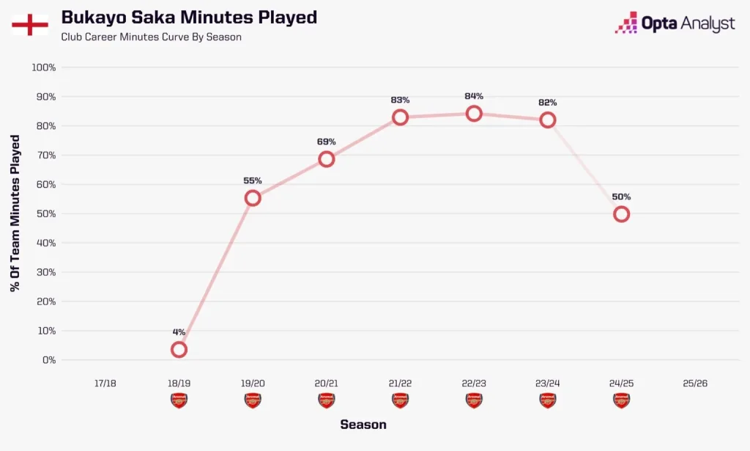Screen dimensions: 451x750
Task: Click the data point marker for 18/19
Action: pyautogui.click(x=179, y=350)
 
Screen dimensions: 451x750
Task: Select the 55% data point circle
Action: pyautogui.click(x=253, y=198)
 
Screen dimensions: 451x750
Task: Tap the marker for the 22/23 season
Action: pyautogui.click(x=474, y=114)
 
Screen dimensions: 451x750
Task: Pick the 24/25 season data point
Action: pyautogui.click(x=621, y=214)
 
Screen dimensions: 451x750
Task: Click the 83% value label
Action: pyautogui.click(x=400, y=100)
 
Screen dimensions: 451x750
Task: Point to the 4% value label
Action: pyautogui.click(x=179, y=332)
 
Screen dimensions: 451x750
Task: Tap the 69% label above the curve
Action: pyautogui.click(x=327, y=142)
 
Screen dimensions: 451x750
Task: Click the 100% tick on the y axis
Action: pyautogui.click(x=44, y=67)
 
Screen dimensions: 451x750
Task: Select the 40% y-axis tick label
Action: pyautogui.click(x=46, y=243)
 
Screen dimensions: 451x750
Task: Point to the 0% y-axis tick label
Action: pyautogui.click(x=49, y=360)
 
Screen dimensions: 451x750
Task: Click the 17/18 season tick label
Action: pyautogui.click(x=105, y=384)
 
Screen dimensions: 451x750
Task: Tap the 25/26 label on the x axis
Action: pyautogui.click(x=694, y=384)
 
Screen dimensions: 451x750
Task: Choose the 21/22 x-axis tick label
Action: pyautogui.click(x=400, y=384)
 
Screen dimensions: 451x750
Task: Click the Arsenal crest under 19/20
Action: pyautogui.click(x=253, y=400)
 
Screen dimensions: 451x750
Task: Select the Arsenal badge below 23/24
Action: pyautogui.click(x=547, y=400)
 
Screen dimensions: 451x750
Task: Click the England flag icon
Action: pyautogui.click(x=30, y=25)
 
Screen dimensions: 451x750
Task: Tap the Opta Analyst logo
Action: pyautogui.click(x=674, y=23)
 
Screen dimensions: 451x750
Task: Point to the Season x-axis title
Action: pyautogui.click(x=363, y=425)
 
